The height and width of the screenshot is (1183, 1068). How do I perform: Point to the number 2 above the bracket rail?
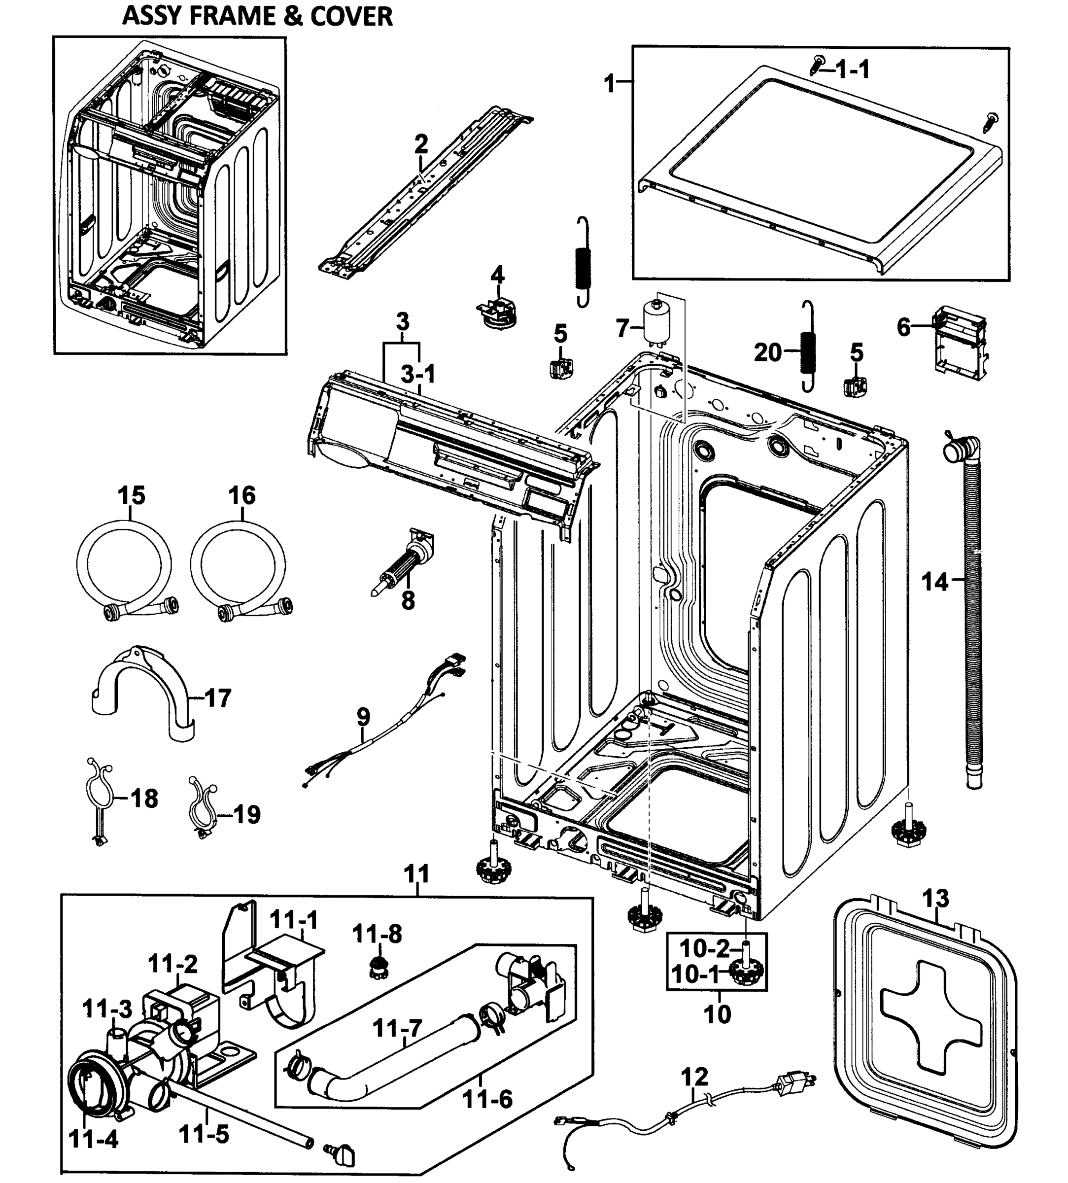coord(421,144)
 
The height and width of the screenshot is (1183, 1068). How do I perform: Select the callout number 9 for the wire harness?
coord(363,717)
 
